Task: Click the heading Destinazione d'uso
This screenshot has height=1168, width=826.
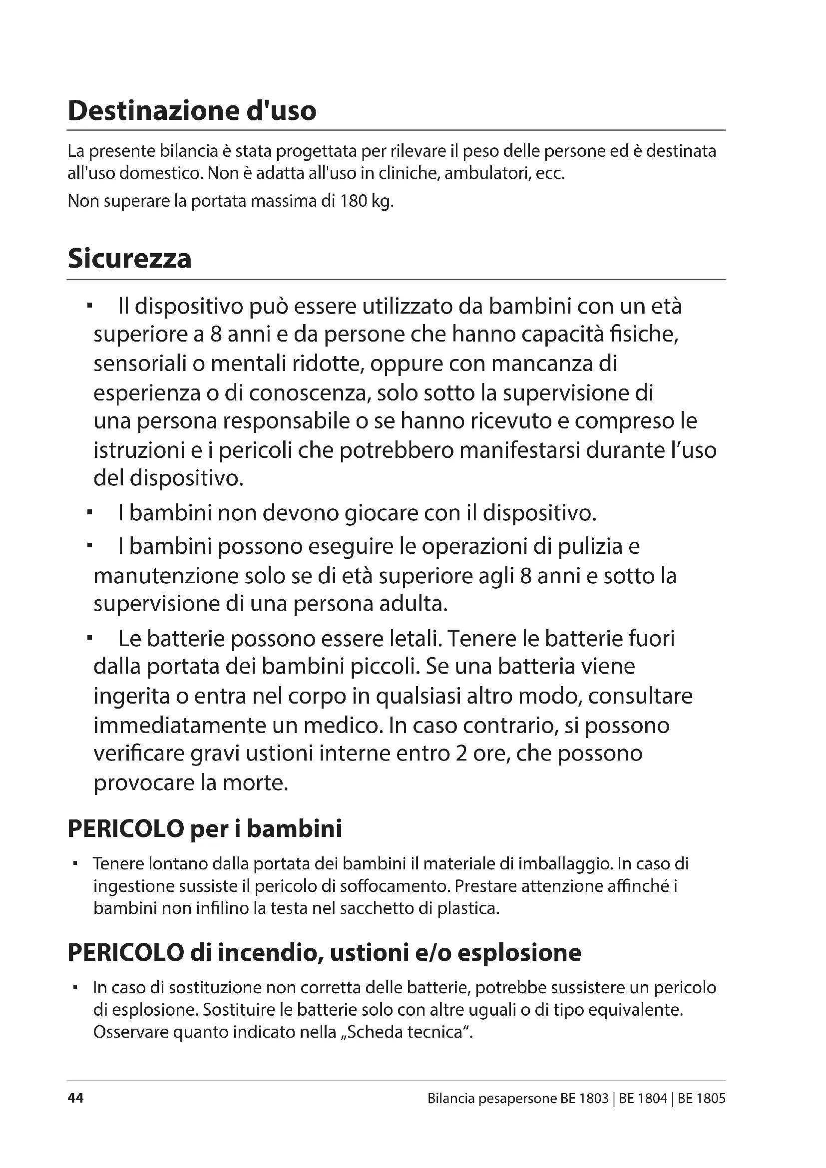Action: click(x=192, y=111)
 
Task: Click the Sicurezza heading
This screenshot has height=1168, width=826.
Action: click(x=130, y=259)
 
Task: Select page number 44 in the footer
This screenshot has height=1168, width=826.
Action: click(x=75, y=1098)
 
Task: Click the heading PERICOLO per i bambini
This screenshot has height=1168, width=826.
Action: click(x=204, y=829)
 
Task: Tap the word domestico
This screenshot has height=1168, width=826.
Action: click(x=161, y=174)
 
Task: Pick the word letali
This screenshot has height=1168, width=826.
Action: click(x=414, y=639)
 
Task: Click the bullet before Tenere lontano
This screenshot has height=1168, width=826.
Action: click(x=75, y=863)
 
